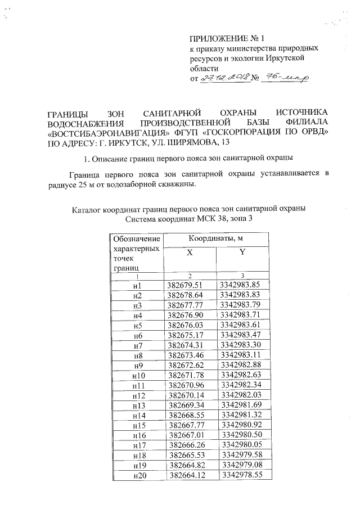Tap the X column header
[190, 254]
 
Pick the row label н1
[137, 285]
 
